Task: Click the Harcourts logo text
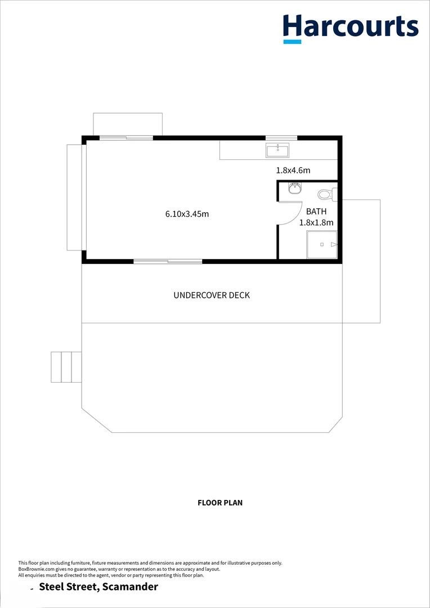pos(351,26)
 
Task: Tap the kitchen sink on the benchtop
pos(277,150)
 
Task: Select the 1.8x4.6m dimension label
pos(293,170)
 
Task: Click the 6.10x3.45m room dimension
pos(187,214)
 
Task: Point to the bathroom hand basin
pos(294,189)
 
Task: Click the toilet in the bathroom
pos(326,195)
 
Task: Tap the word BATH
pos(316,212)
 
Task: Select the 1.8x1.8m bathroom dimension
pos(316,222)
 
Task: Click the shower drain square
pos(322,245)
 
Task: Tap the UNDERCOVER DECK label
pos(212,295)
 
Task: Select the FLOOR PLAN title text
pos(220,503)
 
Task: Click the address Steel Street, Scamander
pos(98,587)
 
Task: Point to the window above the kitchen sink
pos(281,137)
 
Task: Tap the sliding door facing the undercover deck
pos(168,261)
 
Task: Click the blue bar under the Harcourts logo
pos(292,41)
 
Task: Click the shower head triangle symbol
pos(334,245)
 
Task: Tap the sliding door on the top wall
pos(126,137)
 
